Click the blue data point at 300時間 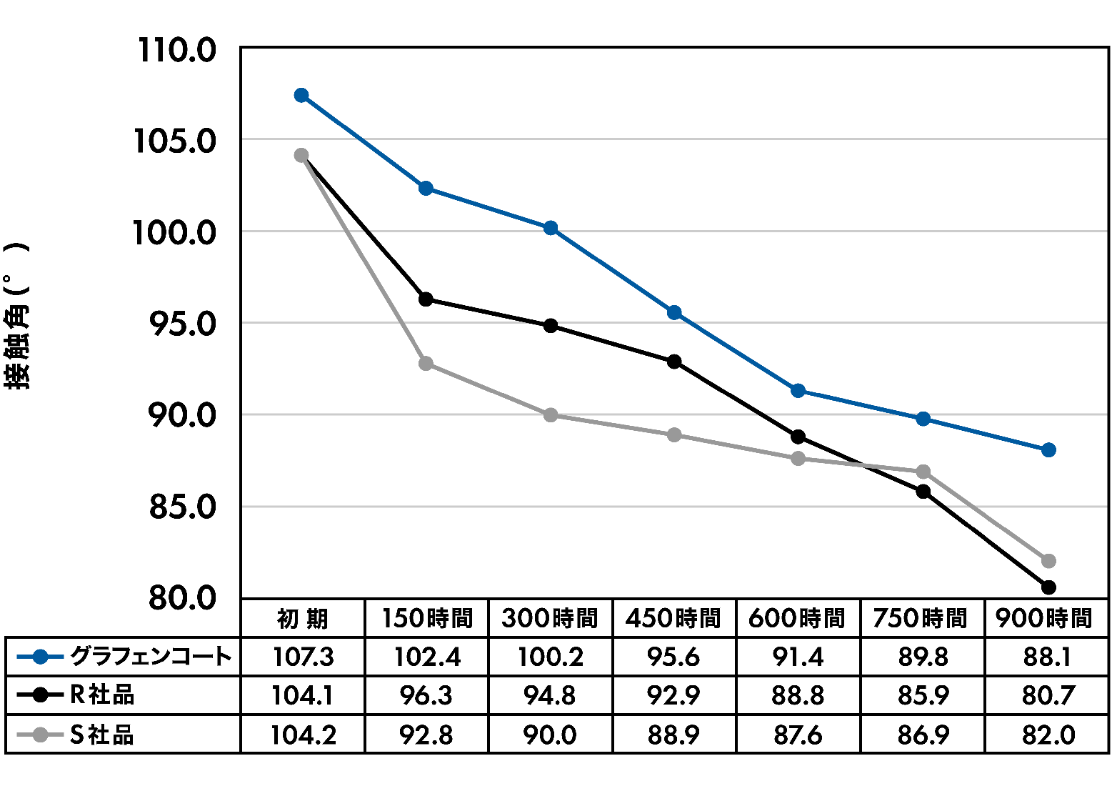[x=551, y=228]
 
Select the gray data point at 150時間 [x=426, y=364]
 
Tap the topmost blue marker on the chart [x=301, y=95]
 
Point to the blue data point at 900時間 [x=1048, y=449]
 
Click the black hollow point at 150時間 [x=426, y=299]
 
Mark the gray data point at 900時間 [x=1048, y=560]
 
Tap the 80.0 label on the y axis [x=181, y=597]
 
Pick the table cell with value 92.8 [x=426, y=735]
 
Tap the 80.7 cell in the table [x=1047, y=696]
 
